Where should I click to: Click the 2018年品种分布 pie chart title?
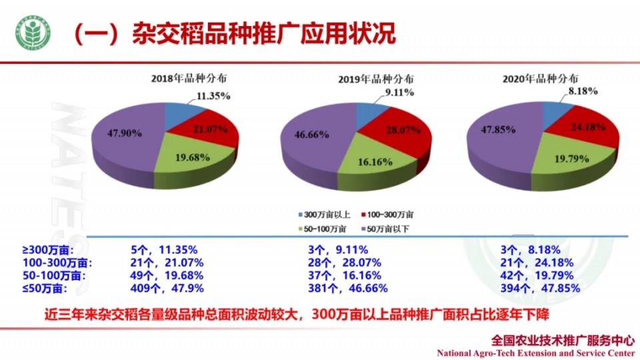click(193, 79)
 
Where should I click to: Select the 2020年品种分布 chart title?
click(540, 79)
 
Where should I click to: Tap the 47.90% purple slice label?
click(125, 133)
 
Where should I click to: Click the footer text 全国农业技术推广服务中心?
click(561, 339)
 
